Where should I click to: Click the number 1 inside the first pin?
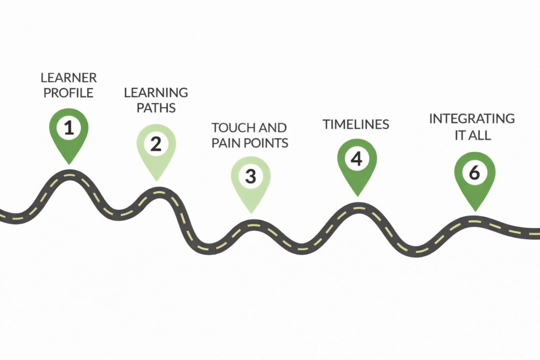(x=69, y=128)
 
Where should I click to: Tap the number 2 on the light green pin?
(x=156, y=144)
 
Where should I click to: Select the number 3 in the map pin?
(x=250, y=176)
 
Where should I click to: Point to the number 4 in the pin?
(x=356, y=159)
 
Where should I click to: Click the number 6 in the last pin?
(x=475, y=172)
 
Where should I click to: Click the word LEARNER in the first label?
(x=69, y=78)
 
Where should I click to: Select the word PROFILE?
(x=68, y=93)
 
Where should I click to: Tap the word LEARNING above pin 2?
(x=156, y=93)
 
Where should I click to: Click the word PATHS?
(x=156, y=108)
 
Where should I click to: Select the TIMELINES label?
(x=356, y=124)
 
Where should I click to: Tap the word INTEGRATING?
(x=472, y=119)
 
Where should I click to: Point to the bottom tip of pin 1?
(x=69, y=164)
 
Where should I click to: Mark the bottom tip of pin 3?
(x=251, y=213)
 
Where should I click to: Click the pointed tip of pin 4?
(x=357, y=196)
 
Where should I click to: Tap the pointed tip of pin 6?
(x=475, y=211)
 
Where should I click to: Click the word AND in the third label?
(x=268, y=128)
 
